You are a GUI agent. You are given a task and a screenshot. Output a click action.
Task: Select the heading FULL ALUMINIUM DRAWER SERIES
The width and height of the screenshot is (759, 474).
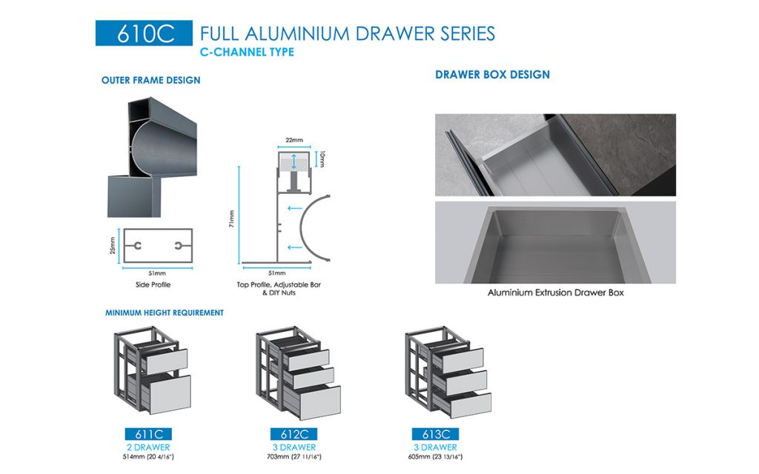(347, 33)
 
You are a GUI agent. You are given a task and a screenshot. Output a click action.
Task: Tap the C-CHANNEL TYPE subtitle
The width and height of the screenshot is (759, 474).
(247, 52)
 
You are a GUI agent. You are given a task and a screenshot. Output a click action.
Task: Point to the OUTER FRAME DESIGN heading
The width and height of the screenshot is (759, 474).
(150, 80)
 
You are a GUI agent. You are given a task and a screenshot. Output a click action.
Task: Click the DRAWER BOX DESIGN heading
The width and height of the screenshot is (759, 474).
(492, 75)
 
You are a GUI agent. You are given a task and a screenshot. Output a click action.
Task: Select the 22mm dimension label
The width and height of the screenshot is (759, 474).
(294, 140)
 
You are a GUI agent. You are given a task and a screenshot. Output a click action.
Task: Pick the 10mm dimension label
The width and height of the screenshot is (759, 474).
(322, 158)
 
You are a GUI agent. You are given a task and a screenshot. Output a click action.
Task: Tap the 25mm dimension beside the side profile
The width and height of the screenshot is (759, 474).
(113, 245)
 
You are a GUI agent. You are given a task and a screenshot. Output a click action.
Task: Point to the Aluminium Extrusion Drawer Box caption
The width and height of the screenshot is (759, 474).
(555, 293)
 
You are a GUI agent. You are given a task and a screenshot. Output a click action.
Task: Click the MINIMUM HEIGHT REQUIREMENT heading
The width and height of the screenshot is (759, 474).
(164, 313)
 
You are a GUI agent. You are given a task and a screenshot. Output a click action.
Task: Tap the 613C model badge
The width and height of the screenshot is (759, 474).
(435, 435)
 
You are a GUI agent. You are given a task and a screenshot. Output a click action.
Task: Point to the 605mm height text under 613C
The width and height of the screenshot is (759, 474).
(436, 457)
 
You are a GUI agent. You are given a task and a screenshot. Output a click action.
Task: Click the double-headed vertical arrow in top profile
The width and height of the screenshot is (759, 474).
(295, 161)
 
